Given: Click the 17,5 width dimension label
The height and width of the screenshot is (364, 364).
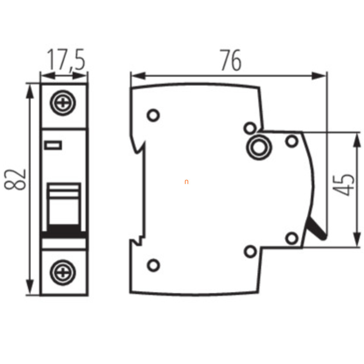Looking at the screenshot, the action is (66, 59).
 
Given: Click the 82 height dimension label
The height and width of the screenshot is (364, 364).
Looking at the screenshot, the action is (15, 179).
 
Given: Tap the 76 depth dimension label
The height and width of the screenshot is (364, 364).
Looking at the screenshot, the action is (231, 60).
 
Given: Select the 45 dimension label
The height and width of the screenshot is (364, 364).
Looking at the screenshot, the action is (343, 185).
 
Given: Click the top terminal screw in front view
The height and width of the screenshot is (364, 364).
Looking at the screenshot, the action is (63, 103).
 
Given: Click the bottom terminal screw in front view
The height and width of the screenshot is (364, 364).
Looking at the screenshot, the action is (63, 272).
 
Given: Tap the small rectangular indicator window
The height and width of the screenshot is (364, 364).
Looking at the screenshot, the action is (53, 145).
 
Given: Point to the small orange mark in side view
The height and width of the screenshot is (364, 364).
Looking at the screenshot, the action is (186, 182).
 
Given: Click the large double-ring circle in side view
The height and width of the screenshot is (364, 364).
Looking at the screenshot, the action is (259, 148).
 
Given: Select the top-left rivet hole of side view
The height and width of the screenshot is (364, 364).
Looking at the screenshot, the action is (154, 115).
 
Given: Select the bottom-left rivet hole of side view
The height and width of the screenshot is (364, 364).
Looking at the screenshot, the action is (154, 265).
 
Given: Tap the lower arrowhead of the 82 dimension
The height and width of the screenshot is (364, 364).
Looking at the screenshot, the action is (30, 287).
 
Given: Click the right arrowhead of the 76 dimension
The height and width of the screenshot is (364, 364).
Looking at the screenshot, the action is (319, 76).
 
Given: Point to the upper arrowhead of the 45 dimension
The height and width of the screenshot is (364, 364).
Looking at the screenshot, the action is (357, 140).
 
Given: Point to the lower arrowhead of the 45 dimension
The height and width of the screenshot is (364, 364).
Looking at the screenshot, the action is (357, 239).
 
